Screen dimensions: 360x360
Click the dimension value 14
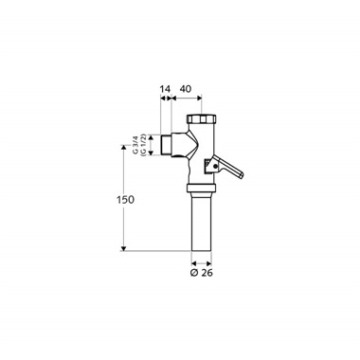tap(166, 89)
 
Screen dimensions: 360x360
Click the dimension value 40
tap(186, 89)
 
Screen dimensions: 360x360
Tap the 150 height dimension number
tap(125, 200)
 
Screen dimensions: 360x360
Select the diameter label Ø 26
tap(202, 273)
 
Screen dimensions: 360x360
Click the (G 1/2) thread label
tap(143, 145)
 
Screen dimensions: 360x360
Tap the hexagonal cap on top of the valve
tap(202, 118)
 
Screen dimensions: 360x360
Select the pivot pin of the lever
tap(215, 167)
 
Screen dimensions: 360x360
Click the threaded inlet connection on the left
tap(166, 145)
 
